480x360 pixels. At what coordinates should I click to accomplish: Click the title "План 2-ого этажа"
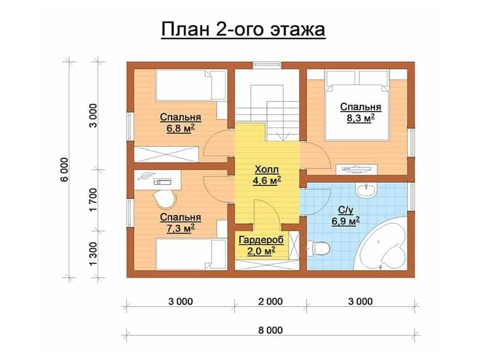coord(243,30)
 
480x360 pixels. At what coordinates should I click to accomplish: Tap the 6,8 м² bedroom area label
coord(181,123)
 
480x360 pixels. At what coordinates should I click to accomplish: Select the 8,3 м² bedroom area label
coord(361,112)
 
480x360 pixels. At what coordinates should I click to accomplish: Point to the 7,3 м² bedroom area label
coord(181,223)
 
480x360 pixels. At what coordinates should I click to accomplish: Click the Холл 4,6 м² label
coord(267,175)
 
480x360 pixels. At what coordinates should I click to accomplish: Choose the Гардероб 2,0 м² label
coord(261,245)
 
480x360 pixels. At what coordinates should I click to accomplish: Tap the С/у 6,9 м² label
coord(346,215)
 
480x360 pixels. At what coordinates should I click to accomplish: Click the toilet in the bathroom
coord(318,248)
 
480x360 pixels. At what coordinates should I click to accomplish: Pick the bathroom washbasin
coord(366,190)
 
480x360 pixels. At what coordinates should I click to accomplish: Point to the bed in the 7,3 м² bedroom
coord(191,254)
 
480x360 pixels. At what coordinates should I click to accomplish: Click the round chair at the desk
coord(164,199)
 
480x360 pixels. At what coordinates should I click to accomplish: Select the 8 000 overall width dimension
coord(271,331)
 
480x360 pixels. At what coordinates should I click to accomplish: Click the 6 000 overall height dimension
coord(65,170)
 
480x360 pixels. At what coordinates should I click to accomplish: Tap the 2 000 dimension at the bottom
coord(271,302)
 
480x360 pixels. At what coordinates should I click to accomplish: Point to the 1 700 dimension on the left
coord(94,200)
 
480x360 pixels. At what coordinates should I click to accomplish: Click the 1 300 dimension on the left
coord(94,254)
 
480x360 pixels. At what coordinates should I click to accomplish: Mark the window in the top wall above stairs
coord(267,65)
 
